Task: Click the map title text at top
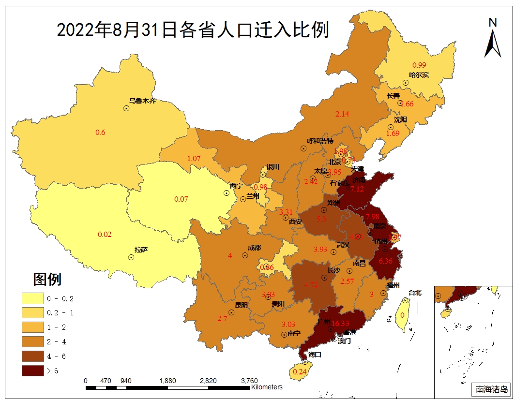point(193,30)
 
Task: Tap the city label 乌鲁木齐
point(143,101)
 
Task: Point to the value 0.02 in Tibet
point(105,235)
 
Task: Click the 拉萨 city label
point(141,250)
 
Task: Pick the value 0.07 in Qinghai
point(181,199)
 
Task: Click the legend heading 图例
point(47,279)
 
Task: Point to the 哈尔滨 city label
point(419,75)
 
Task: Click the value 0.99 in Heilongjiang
point(419,65)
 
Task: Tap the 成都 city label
point(254,248)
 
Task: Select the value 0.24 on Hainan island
point(300,371)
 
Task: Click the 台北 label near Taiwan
point(415,293)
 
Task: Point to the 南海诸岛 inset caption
point(491,389)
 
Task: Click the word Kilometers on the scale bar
point(267,387)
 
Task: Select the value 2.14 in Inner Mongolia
point(342,114)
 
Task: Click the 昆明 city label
point(241,305)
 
